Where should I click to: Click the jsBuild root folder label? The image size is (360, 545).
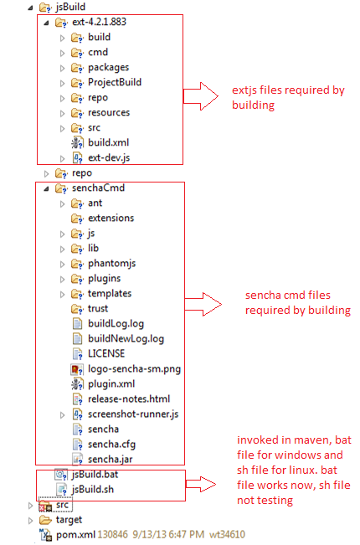pos(70,7)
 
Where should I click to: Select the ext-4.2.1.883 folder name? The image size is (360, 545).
pos(99,22)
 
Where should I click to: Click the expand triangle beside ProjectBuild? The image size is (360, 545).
pos(62,83)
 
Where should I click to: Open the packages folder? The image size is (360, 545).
pos(108,68)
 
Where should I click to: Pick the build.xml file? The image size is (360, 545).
pos(108,142)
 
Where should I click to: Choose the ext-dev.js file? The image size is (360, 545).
pos(109,157)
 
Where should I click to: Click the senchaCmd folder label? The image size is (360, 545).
pos(98,188)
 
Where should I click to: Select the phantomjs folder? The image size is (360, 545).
pos(111,264)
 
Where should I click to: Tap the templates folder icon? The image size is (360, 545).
pos(77,294)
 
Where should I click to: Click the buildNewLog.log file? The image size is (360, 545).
pos(126,339)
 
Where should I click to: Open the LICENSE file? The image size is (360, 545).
pos(106,354)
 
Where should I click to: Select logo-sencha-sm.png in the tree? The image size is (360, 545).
pos(134,369)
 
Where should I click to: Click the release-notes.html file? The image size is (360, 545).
pos(129,399)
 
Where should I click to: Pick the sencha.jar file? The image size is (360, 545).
pos(111,460)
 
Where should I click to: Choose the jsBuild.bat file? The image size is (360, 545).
pos(95,475)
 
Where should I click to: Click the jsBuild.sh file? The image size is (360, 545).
pos(93,490)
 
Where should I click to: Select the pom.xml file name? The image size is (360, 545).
pos(75,535)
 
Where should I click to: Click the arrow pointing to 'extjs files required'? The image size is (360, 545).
pos(200,96)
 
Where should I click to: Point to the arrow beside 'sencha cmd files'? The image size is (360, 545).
pos(203,305)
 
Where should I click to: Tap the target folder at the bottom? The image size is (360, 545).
pos(69,520)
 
